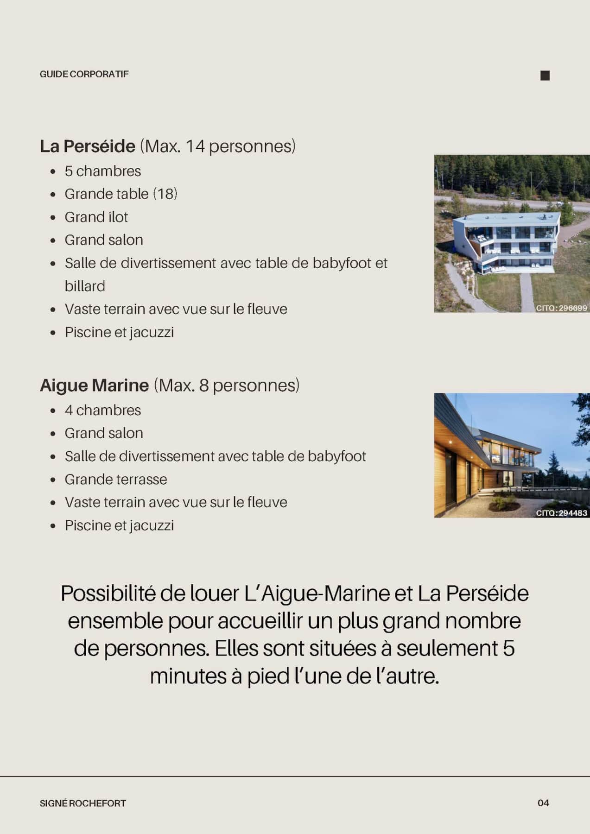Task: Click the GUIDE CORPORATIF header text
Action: click(84, 74)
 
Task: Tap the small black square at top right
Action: click(545, 76)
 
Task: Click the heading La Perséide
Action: click(87, 146)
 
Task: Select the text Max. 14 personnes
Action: click(217, 146)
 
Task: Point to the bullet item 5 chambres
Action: click(102, 171)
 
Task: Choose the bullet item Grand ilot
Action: click(96, 217)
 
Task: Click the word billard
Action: click(85, 286)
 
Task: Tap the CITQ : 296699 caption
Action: click(561, 308)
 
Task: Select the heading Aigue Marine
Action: click(94, 385)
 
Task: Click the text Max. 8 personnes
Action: click(226, 385)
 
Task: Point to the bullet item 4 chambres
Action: click(102, 410)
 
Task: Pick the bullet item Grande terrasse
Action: click(115, 479)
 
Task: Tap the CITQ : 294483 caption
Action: click(561, 513)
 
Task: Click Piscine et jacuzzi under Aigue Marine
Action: click(119, 525)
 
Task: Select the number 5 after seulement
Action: click(508, 648)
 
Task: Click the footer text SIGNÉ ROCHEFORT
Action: click(82, 803)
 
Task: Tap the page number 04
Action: click(543, 803)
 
